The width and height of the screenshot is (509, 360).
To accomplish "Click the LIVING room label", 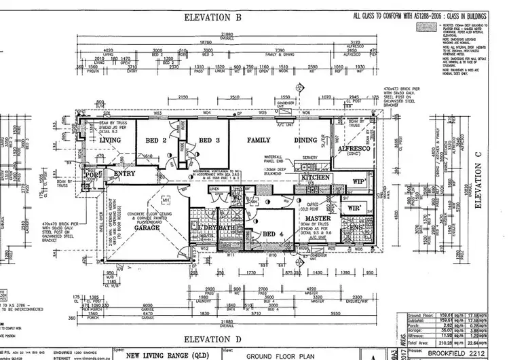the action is click(110, 141).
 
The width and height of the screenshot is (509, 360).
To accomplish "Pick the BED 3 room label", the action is click(209, 141).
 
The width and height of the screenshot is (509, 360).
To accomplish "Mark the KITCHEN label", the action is click(315, 178).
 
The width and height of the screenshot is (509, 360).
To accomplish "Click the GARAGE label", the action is click(147, 228).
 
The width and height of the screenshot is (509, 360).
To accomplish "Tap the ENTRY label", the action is click(126, 175).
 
